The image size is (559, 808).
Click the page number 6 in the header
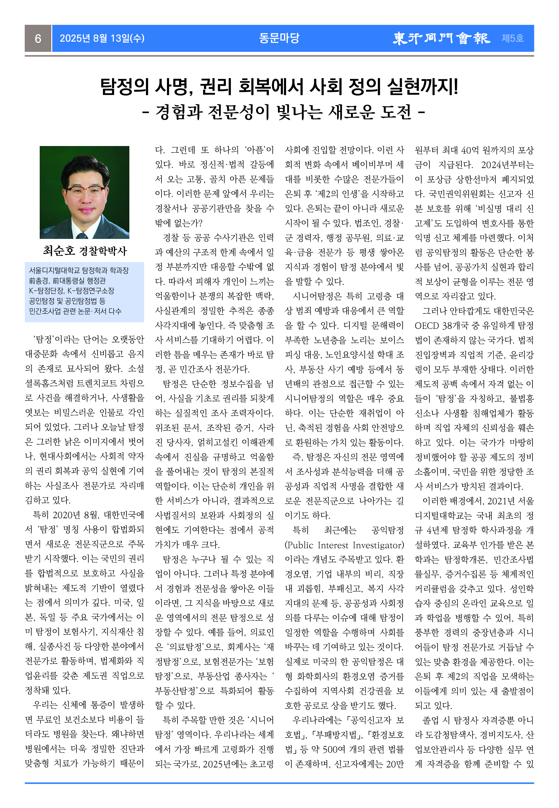tap(38, 38)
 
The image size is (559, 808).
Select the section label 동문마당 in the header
tap(279, 38)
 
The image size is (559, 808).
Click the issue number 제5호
tap(512, 38)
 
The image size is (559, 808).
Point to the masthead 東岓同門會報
tap(441, 38)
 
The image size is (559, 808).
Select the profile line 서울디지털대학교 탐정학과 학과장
tap(79, 270)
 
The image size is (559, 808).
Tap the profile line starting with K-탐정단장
tap(72, 290)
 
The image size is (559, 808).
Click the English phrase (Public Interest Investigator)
tap(344, 545)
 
